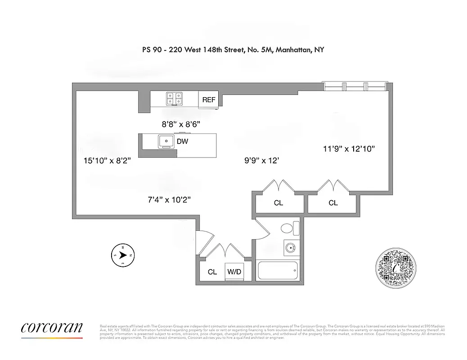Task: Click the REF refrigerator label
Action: [x=209, y=100]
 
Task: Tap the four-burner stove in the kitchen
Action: [x=175, y=98]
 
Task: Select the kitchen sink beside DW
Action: [x=166, y=142]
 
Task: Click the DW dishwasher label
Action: [x=182, y=142]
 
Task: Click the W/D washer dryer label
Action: [x=233, y=272]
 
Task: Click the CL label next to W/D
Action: [x=212, y=272]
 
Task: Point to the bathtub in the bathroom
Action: [x=278, y=271]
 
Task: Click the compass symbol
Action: [x=122, y=255]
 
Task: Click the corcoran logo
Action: [x=52, y=328]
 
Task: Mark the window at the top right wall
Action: [x=355, y=85]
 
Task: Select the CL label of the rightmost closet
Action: [x=333, y=203]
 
